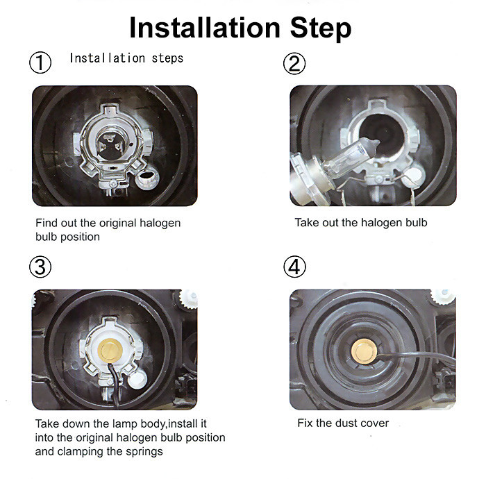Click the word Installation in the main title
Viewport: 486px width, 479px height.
[205, 28]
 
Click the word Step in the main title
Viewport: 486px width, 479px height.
[321, 29]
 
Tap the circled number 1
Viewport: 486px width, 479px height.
[40, 62]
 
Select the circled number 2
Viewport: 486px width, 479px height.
[294, 63]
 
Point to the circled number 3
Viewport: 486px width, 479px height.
[40, 267]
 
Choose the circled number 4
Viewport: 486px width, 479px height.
[294, 267]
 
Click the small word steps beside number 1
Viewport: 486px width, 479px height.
[167, 58]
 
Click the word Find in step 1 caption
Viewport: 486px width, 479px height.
[47, 223]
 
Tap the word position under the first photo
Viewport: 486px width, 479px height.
[80, 237]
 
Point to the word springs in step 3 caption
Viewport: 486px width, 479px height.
[144, 452]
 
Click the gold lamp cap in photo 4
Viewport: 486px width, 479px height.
[364, 351]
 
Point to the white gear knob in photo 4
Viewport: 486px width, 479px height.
[443, 296]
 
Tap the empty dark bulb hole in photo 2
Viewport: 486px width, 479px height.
[383, 134]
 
